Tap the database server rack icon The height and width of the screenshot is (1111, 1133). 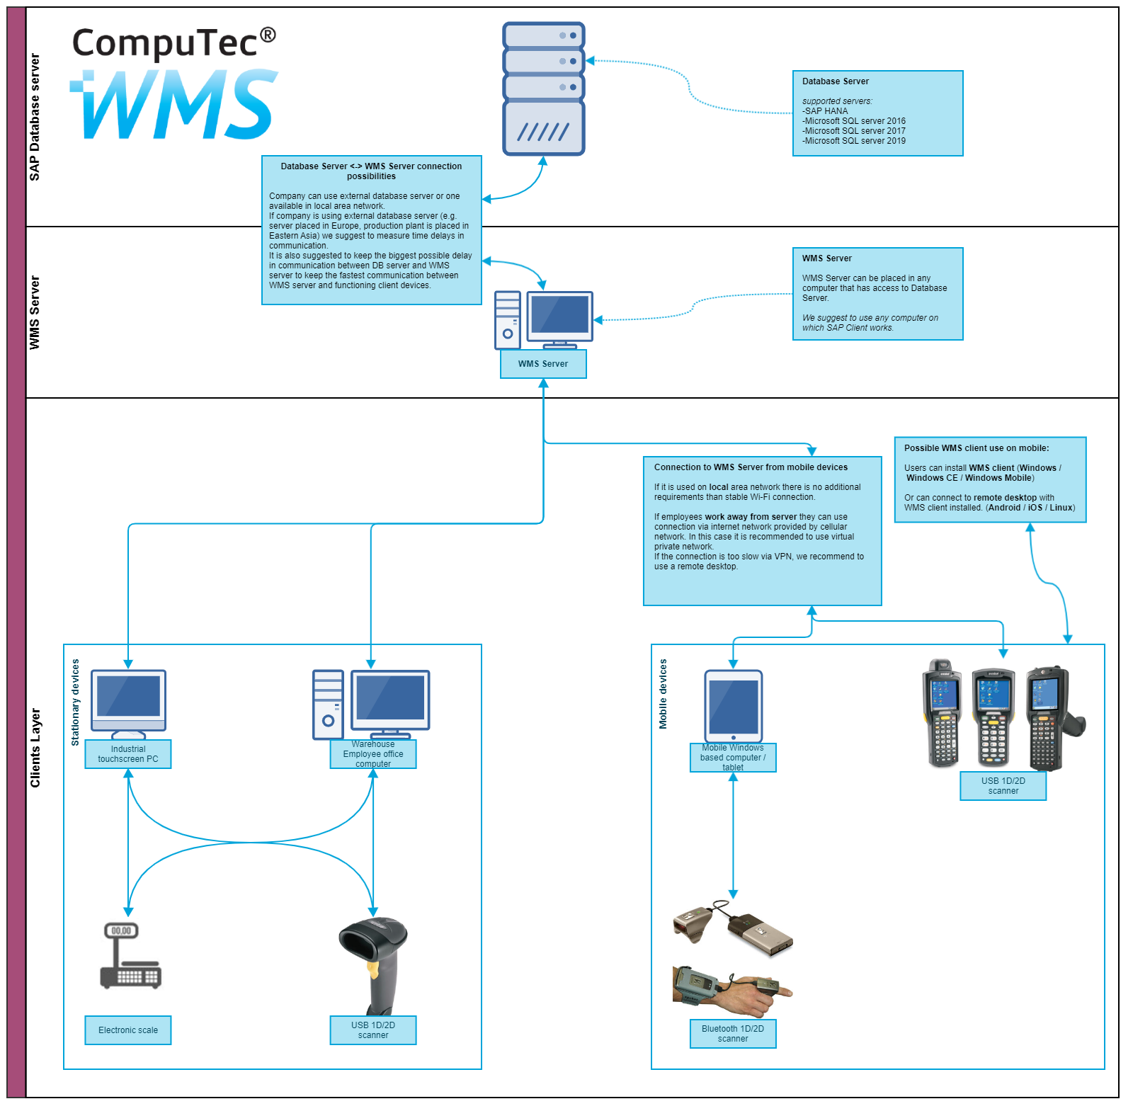coord(543,89)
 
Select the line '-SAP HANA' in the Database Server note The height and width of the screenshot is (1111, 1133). coord(825,111)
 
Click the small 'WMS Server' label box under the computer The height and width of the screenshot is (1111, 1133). coord(543,364)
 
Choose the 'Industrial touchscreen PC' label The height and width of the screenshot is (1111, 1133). coord(128,754)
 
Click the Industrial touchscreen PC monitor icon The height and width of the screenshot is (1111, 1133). coord(128,701)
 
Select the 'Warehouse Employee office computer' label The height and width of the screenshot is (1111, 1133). coord(373,754)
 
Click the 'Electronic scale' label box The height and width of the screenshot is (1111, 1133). coord(128,1030)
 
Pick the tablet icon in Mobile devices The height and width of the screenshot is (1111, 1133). coord(733,705)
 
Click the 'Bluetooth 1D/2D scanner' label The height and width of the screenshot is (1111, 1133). coord(733,1034)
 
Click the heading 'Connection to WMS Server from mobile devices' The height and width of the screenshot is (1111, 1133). coord(751,467)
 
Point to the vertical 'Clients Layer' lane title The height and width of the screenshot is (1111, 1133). coord(35,748)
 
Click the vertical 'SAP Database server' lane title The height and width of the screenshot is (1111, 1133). coord(35,117)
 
